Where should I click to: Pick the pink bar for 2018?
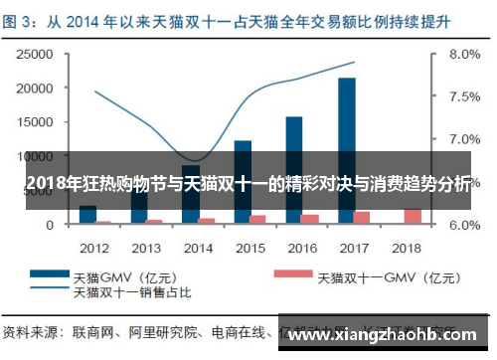[x=413, y=216]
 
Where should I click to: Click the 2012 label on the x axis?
[x=94, y=246]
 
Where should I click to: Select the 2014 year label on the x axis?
[x=199, y=246]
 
